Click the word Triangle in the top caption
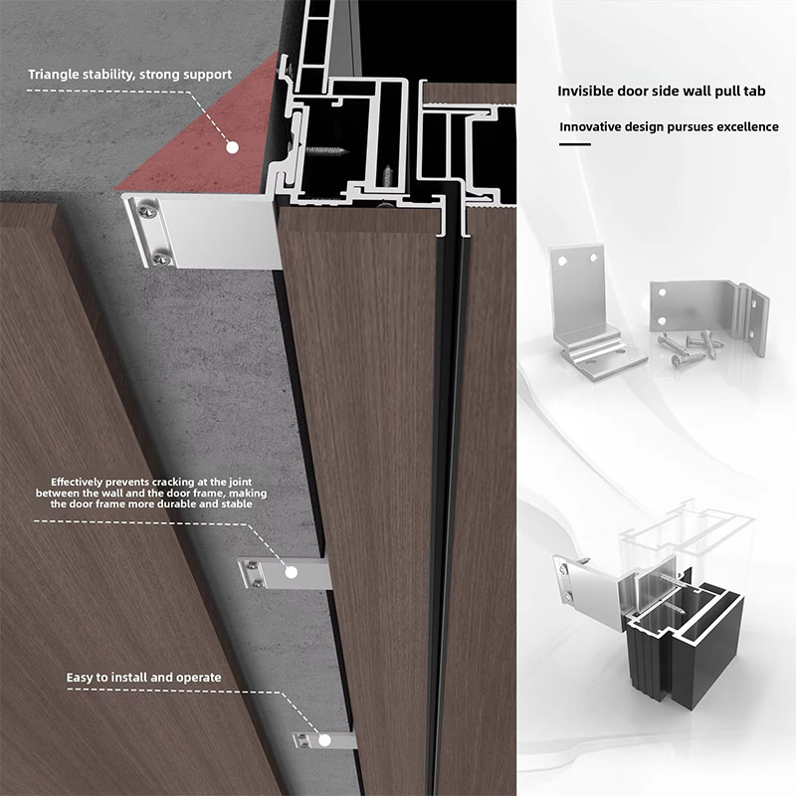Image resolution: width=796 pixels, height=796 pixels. (55, 75)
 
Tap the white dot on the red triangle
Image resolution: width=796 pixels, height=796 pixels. (231, 146)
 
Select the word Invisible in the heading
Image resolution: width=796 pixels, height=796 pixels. (586, 91)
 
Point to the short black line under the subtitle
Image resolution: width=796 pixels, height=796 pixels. (574, 144)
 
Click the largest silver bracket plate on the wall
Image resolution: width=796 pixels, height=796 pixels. (204, 232)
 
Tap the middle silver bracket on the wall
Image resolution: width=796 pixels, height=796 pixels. (284, 573)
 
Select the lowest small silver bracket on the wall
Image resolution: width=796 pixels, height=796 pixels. (324, 740)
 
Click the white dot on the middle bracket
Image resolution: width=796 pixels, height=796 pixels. (292, 571)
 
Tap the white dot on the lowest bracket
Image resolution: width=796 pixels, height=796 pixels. (323, 740)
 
